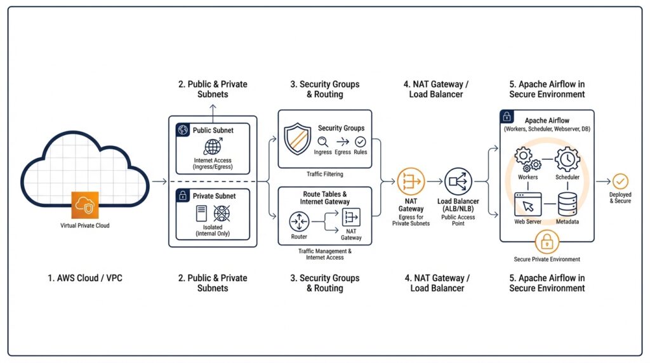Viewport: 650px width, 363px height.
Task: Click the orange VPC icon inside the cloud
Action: pyautogui.click(x=84, y=204)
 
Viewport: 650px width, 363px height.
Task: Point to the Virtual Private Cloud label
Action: pyautogui.click(x=84, y=225)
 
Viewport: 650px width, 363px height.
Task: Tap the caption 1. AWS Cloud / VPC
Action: pyautogui.click(x=85, y=278)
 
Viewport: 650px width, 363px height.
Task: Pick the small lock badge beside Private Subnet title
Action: pyautogui.click(x=183, y=196)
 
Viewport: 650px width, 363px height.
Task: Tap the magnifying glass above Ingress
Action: pyautogui.click(x=323, y=142)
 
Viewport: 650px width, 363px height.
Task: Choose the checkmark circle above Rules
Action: pyautogui.click(x=361, y=142)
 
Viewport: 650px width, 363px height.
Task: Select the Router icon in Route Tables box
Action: pyautogui.click(x=298, y=221)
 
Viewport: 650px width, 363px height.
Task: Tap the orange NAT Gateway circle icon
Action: pyautogui.click(x=411, y=181)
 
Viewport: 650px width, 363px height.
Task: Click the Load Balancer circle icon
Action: pyautogui.click(x=458, y=181)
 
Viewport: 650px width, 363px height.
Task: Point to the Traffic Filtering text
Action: pyautogui.click(x=324, y=173)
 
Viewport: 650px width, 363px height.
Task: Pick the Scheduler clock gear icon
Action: pyautogui.click(x=567, y=159)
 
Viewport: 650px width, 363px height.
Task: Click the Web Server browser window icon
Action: pyautogui.click(x=527, y=204)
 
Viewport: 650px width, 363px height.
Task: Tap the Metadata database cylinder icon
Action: pyautogui.click(x=567, y=204)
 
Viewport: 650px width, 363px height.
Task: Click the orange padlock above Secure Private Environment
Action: pyautogui.click(x=547, y=242)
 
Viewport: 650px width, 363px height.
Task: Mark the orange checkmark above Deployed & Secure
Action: pyautogui.click(x=620, y=181)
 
